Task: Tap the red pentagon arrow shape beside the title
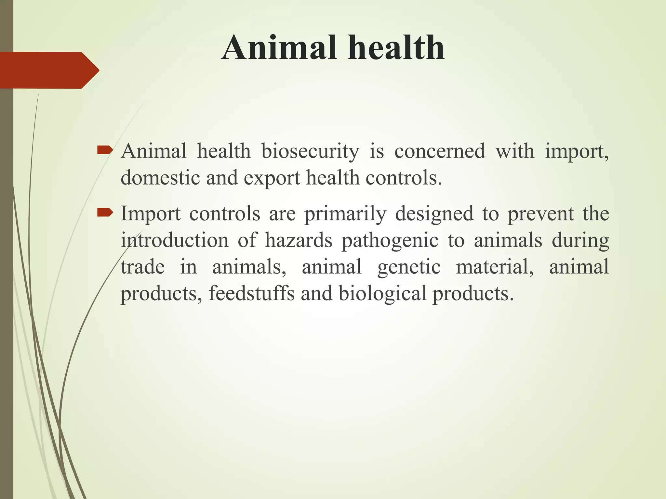(49, 70)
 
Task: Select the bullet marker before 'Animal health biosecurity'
(105, 150)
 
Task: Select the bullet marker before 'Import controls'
(105, 213)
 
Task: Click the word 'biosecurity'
(310, 151)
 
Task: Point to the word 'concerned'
(439, 151)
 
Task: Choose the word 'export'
(272, 179)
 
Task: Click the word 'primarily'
(345, 214)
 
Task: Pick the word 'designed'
(434, 214)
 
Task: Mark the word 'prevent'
(540, 214)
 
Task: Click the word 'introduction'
(175, 241)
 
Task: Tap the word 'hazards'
(299, 241)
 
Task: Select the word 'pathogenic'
(390, 241)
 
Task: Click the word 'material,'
(495, 267)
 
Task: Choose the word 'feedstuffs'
(251, 293)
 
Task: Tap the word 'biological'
(382, 294)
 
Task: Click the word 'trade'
(143, 267)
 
